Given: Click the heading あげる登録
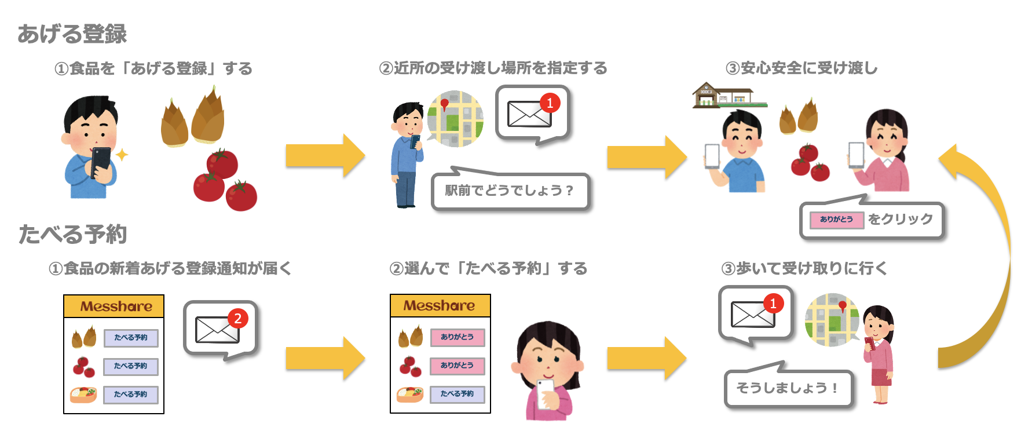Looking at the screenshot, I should tap(72, 34).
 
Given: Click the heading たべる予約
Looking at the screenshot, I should tap(72, 235).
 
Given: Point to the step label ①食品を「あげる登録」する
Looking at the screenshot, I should tap(153, 69).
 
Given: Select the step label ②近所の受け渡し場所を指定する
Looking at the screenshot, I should tap(493, 68).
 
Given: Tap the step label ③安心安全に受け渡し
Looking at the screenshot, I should tap(802, 68).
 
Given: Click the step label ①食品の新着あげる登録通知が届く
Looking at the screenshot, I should tap(170, 268).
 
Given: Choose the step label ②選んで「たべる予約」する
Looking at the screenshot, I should tap(488, 268).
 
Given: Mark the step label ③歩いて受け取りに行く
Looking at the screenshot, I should tap(804, 268).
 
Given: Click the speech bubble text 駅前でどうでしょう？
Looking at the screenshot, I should tap(509, 191).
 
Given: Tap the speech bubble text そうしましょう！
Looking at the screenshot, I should tap(787, 388).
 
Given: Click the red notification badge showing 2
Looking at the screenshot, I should tap(237, 318).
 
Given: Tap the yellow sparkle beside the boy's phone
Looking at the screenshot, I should tap(122, 155).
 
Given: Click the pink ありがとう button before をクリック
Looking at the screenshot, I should tap(836, 220).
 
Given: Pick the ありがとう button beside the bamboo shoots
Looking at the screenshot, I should tap(457, 337).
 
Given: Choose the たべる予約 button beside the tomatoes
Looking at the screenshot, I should tap(130, 366).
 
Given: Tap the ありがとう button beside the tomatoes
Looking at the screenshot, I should tap(457, 366).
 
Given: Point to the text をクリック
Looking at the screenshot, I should tap(900, 219).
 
